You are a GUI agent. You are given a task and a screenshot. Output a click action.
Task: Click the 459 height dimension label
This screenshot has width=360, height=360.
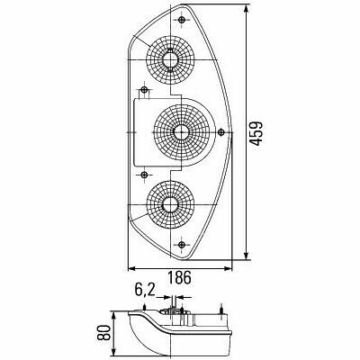point(256,133)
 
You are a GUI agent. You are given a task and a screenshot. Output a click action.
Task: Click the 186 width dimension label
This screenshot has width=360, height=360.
point(179,277)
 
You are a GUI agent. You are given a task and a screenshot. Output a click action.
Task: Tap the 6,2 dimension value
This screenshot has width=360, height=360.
point(144,290)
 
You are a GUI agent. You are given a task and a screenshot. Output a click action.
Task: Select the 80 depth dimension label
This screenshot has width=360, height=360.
point(103,332)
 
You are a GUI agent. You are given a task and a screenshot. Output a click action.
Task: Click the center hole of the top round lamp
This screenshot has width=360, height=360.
point(170,60)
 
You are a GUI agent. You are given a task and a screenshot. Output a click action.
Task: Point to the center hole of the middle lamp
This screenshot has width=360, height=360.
point(181,132)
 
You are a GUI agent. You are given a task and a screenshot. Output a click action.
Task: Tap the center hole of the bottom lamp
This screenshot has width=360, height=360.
point(170,204)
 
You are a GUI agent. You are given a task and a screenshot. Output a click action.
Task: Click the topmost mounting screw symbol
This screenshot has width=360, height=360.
point(182,20)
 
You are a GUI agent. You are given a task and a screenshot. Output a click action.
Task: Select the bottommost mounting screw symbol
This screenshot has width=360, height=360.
point(181,245)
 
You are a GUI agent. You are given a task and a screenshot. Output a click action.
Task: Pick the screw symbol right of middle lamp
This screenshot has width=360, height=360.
point(221,132)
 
